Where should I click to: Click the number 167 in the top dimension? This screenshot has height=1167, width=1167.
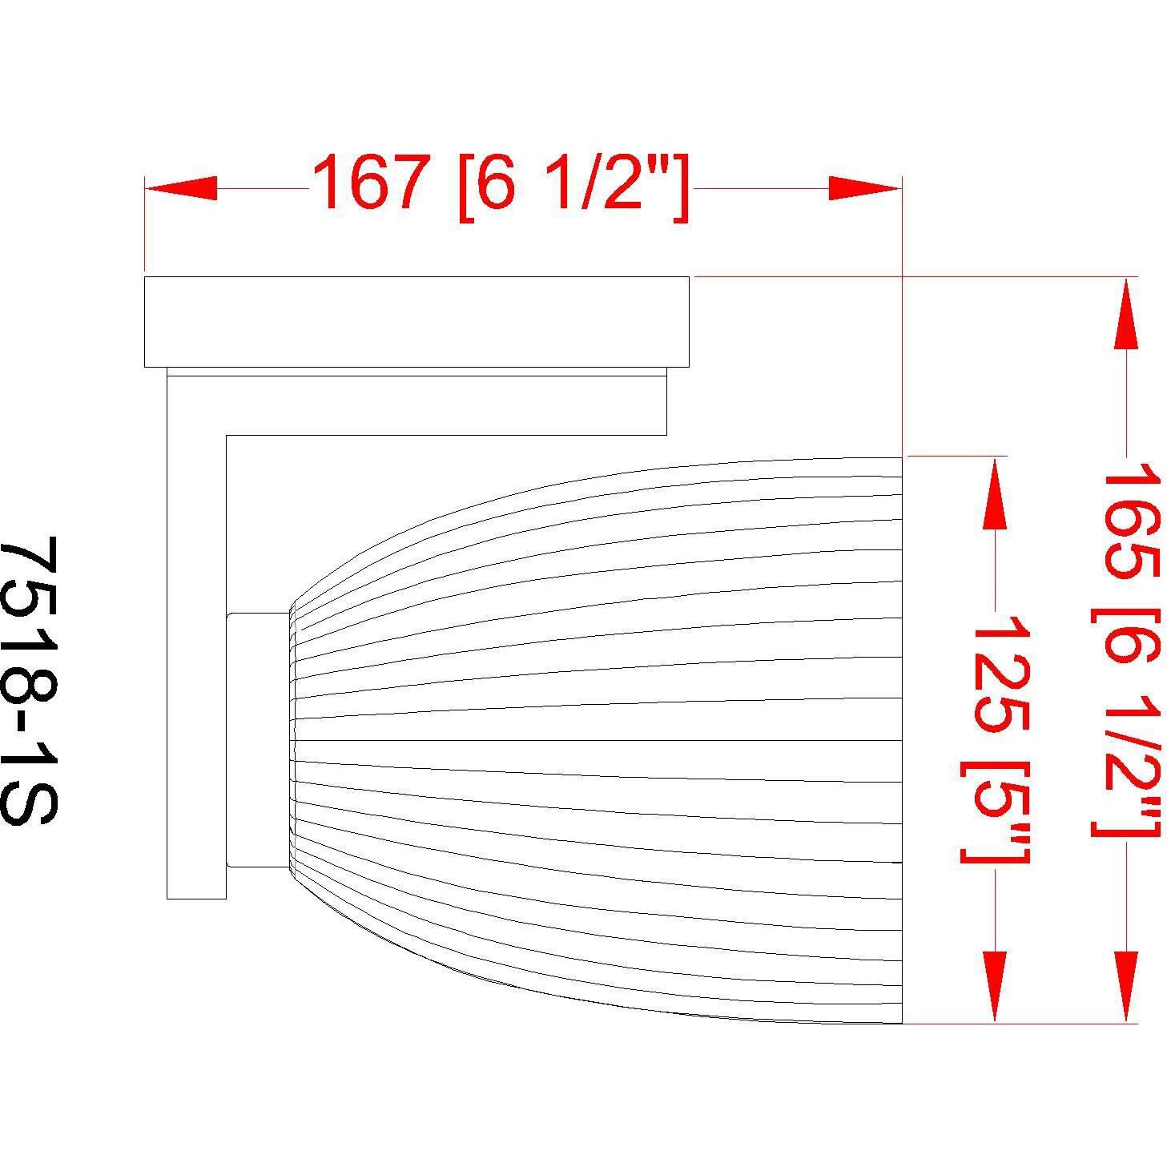coord(368,183)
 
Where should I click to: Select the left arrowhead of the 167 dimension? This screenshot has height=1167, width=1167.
coord(181,189)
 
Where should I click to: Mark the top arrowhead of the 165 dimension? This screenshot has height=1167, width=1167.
coord(1125,316)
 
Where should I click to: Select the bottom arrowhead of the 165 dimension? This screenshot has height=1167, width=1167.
coord(1125,985)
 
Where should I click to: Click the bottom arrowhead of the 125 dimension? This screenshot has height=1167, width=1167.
coord(994,985)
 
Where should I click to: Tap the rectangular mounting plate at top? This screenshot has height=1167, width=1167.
coord(416,321)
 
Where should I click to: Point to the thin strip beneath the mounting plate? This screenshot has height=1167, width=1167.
coord(416,372)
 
